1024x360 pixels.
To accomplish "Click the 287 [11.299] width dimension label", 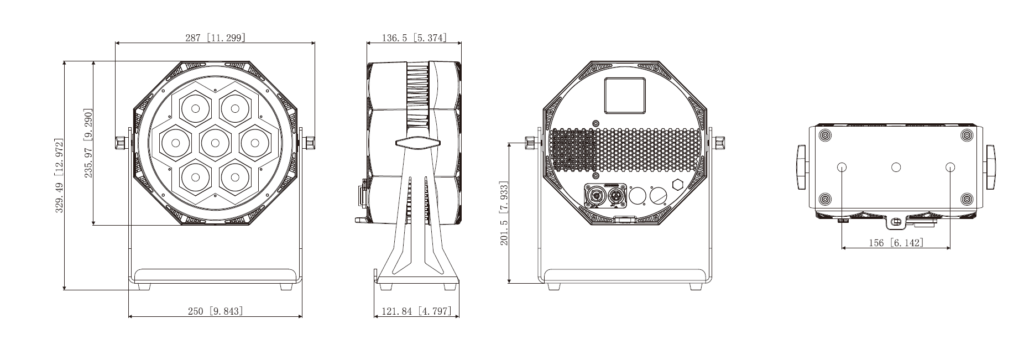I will click(215, 38).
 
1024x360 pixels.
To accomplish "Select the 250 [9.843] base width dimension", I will click(215, 311).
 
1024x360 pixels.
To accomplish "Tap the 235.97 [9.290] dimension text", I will click(88, 143).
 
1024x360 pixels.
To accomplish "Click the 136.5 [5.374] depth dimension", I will click(406, 38).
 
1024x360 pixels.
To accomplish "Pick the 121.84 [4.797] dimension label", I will click(416, 311).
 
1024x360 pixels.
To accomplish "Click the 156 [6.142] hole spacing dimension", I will click(896, 243).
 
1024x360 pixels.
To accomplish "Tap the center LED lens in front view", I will click(215, 143).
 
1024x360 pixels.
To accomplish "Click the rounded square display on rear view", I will click(624, 96).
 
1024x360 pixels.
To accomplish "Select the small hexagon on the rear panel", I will click(677, 185).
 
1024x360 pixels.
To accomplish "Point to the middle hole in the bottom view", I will click(896, 167).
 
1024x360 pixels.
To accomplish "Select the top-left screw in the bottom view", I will click(824, 135).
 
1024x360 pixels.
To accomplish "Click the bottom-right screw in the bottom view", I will click(966, 199).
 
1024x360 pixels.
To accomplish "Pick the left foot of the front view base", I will click(144, 287).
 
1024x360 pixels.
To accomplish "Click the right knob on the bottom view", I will click(989, 167).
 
